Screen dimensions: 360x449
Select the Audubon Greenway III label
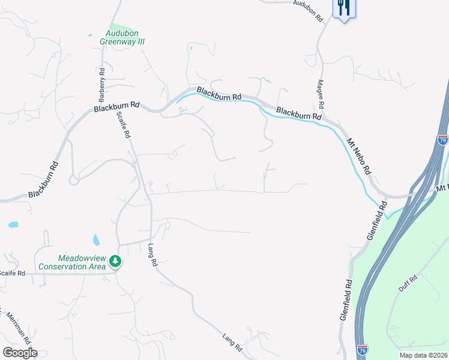pos(125,38)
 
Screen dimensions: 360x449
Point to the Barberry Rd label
pos(102,85)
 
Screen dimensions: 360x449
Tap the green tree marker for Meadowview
pos(115,262)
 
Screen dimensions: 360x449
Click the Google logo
pos(20,353)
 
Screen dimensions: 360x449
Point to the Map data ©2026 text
pos(423,355)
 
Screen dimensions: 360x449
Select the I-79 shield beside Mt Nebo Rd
pos(443,140)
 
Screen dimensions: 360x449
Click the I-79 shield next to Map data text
pos(363,349)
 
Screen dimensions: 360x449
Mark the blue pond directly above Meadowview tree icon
pos(96,241)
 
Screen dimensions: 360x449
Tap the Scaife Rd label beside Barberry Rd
pos(123,125)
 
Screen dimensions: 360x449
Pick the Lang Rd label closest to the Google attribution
pos(232,343)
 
